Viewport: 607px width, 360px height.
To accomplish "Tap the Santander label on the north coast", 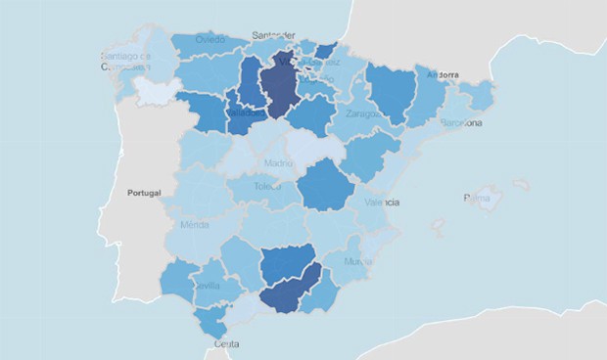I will [x=273, y=36].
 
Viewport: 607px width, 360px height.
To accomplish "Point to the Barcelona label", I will [x=461, y=123].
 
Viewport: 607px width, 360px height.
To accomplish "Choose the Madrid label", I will [x=278, y=163].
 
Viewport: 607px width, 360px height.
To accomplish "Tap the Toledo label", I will [x=267, y=186].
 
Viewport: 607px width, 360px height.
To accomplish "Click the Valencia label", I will [x=380, y=202].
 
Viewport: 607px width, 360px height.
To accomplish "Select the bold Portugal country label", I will [x=149, y=193].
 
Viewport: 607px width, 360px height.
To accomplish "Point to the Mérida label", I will [x=196, y=225].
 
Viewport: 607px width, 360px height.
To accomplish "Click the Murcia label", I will [x=359, y=262].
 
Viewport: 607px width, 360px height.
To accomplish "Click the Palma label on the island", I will [x=477, y=199].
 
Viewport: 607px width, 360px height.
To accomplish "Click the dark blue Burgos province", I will [x=278, y=83].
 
